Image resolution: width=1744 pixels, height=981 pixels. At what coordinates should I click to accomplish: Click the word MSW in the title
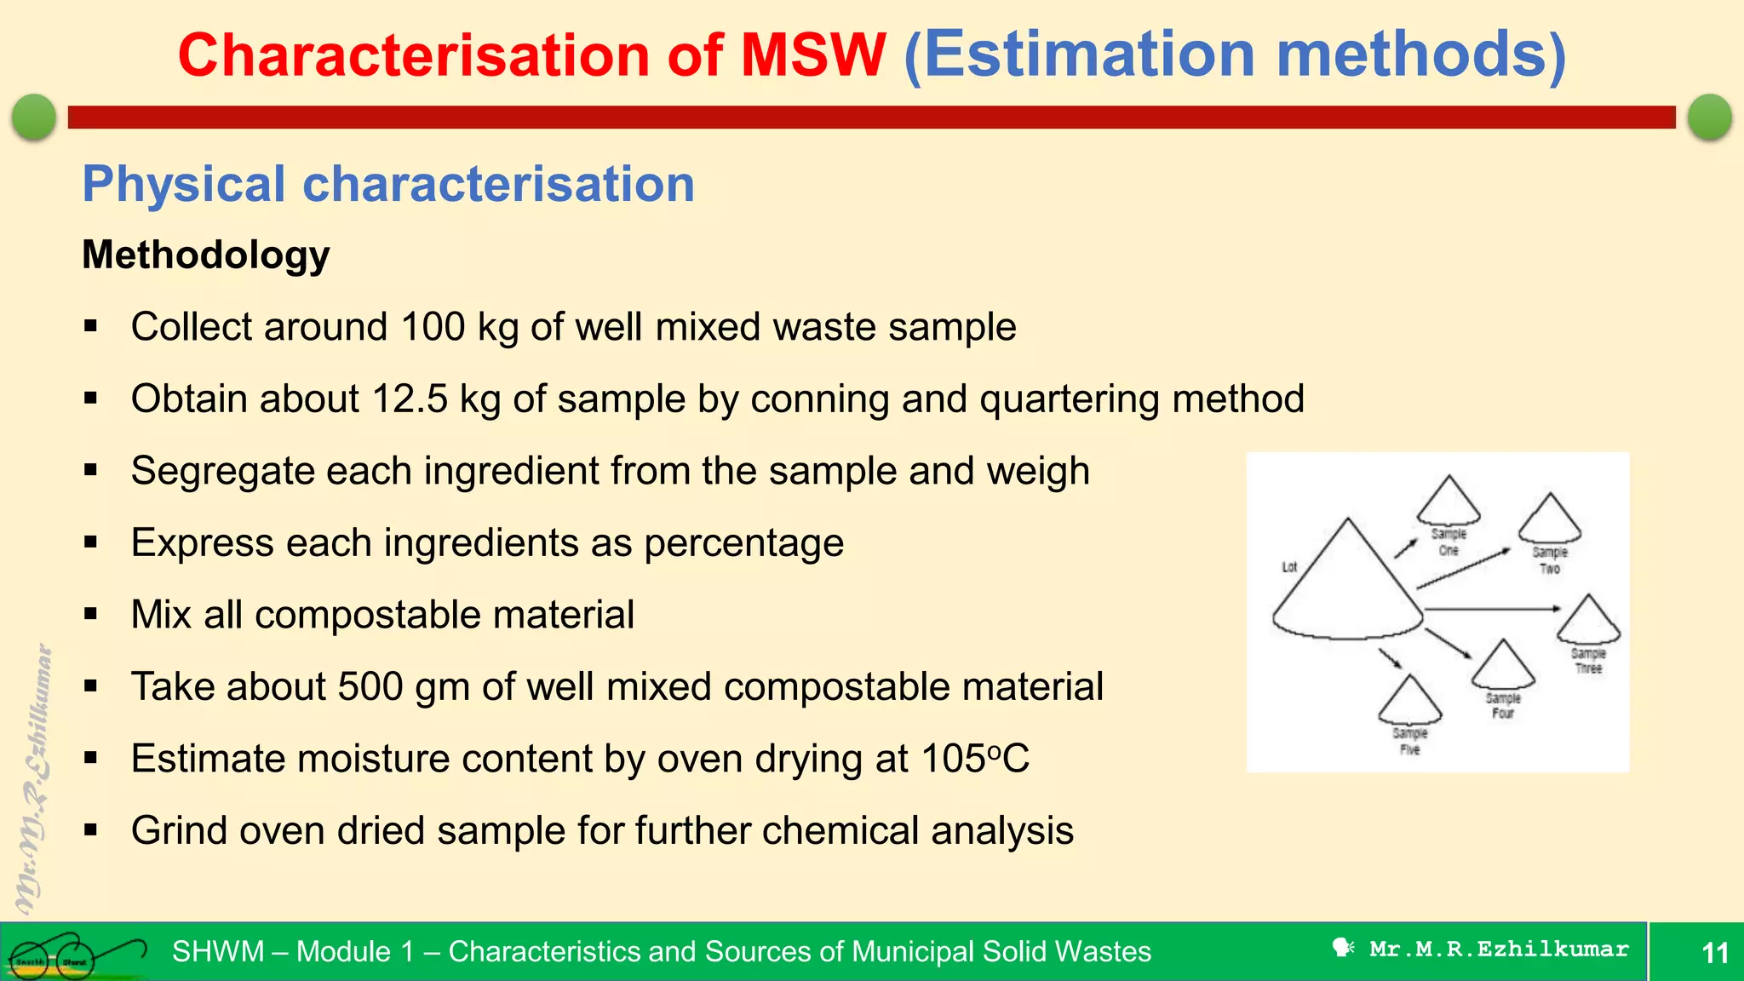click(813, 55)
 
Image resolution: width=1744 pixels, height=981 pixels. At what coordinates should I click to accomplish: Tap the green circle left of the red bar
click(34, 117)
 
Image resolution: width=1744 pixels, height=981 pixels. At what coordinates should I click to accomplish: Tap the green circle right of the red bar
click(1709, 117)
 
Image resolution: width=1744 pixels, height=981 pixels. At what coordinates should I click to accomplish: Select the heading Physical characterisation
click(388, 184)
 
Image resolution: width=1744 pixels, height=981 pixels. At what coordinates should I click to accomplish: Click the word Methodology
click(205, 255)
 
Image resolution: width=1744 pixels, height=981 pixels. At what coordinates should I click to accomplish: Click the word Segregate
click(222, 471)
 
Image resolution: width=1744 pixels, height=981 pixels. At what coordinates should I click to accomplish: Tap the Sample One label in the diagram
click(1449, 542)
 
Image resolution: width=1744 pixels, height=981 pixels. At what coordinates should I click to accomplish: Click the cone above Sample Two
click(1550, 519)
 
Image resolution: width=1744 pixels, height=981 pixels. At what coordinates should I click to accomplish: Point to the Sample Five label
click(1409, 741)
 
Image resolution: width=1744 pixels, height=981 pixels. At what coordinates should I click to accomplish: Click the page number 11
click(1714, 952)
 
